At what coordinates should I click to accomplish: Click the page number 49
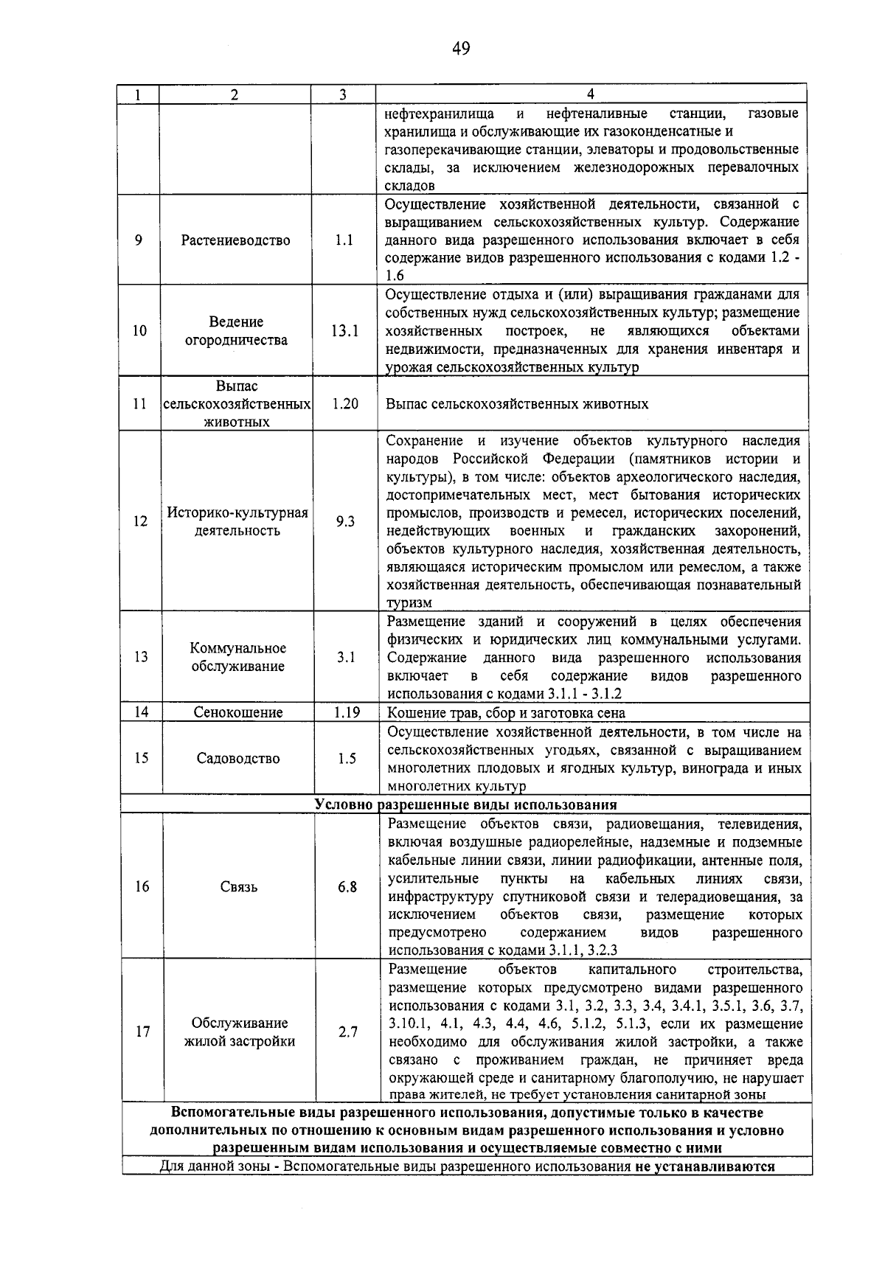(x=460, y=49)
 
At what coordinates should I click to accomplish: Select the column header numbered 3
(x=343, y=94)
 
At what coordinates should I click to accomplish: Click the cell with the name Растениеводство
(x=236, y=240)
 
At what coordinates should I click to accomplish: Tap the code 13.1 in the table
(x=344, y=331)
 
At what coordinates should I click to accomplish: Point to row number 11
(x=140, y=404)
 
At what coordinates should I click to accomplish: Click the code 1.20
(x=344, y=404)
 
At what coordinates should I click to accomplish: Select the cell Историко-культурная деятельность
(x=237, y=521)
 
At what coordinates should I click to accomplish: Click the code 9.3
(x=345, y=521)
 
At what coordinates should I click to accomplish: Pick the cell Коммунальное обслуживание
(x=237, y=657)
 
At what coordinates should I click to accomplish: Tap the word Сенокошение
(x=237, y=712)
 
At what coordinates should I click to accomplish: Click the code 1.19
(x=346, y=712)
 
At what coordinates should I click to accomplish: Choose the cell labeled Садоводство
(x=238, y=758)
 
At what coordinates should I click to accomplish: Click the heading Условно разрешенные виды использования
(x=465, y=804)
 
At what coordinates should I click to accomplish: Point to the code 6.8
(x=347, y=887)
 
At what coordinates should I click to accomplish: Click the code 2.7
(x=348, y=1032)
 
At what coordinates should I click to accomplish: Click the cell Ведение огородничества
(x=236, y=331)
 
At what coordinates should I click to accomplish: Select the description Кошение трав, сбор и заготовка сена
(x=506, y=713)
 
